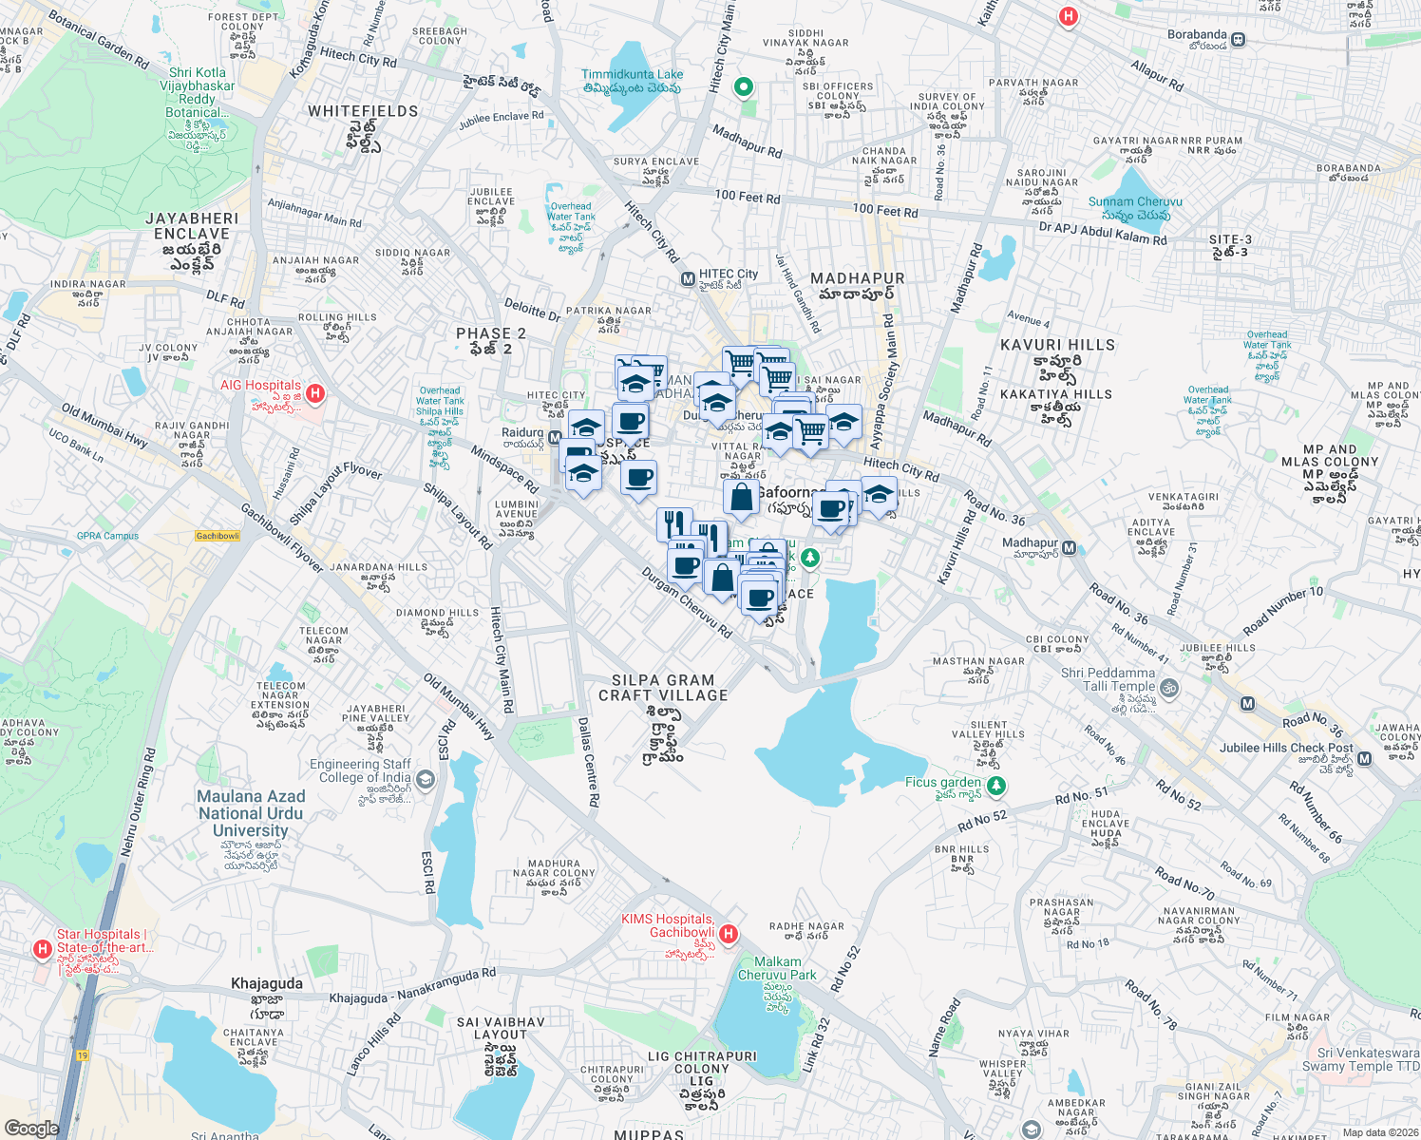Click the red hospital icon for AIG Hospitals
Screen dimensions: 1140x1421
pos(315,392)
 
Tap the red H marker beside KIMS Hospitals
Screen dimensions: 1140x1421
pos(729,934)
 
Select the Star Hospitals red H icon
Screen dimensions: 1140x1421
pos(42,949)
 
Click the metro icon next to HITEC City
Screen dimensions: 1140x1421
pos(688,279)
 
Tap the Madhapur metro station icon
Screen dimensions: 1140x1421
pos(1070,548)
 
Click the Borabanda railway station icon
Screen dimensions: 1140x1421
pos(1238,40)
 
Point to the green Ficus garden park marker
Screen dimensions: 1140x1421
pos(995,786)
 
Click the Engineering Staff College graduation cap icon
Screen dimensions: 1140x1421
pos(425,780)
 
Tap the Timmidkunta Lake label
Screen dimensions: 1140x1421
pos(632,81)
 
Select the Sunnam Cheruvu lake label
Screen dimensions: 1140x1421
pos(1135,208)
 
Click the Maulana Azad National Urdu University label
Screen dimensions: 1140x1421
pos(251,814)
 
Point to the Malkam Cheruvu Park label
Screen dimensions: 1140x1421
pos(777,968)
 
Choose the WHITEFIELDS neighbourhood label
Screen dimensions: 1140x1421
pos(363,111)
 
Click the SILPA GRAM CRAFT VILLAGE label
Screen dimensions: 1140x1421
pos(663,688)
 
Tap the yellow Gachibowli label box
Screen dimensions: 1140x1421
pos(218,536)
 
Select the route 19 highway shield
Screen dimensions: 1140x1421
pos(83,1055)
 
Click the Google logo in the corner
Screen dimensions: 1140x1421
pos(31,1128)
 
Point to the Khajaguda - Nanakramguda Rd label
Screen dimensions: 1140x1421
pos(412,986)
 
